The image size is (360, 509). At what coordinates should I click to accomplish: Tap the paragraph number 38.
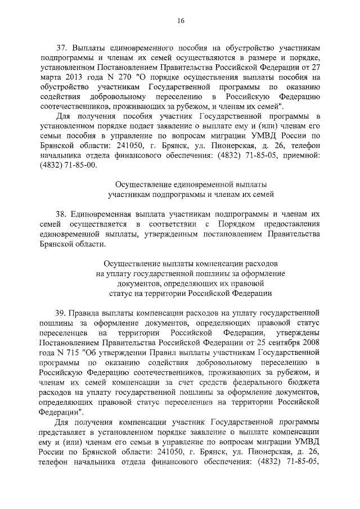click(61, 214)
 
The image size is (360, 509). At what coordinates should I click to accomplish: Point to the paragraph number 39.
click(61, 312)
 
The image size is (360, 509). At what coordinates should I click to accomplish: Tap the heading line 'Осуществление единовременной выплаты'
click(191, 184)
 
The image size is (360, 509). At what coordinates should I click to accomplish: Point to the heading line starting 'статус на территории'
click(191, 293)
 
